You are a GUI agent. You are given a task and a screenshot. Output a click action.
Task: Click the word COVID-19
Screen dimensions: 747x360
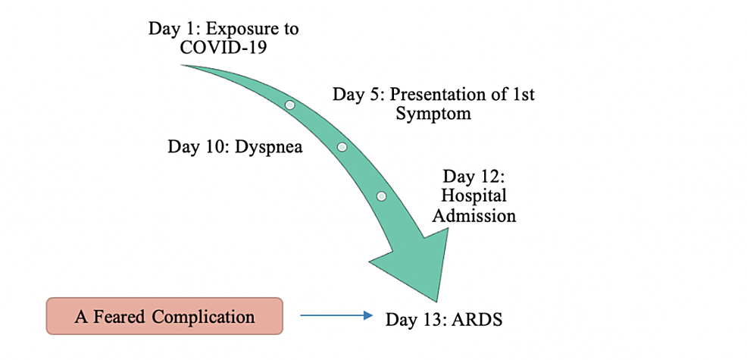223,47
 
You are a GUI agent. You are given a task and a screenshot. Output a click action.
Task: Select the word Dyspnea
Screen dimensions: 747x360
268,147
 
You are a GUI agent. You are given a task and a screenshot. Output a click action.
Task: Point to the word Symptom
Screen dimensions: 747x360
433,114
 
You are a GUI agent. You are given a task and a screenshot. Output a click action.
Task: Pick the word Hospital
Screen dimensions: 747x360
474,196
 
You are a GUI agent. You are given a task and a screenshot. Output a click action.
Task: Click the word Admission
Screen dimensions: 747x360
474,215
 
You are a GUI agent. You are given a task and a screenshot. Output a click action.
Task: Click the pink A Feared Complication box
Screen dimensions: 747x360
164,316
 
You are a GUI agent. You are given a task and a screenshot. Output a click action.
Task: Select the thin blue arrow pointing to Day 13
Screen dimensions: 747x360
336,315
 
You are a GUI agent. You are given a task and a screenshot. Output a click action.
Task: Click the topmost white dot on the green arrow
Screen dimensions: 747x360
289,105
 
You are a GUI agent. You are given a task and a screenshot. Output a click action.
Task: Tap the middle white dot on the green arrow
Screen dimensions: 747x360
342,147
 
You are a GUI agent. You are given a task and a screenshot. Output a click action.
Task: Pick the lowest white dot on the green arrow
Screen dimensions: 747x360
381,196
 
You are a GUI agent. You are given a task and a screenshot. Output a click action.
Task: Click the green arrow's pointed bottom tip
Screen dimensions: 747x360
436,302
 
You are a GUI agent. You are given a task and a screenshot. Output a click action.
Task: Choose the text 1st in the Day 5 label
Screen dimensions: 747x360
523,94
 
